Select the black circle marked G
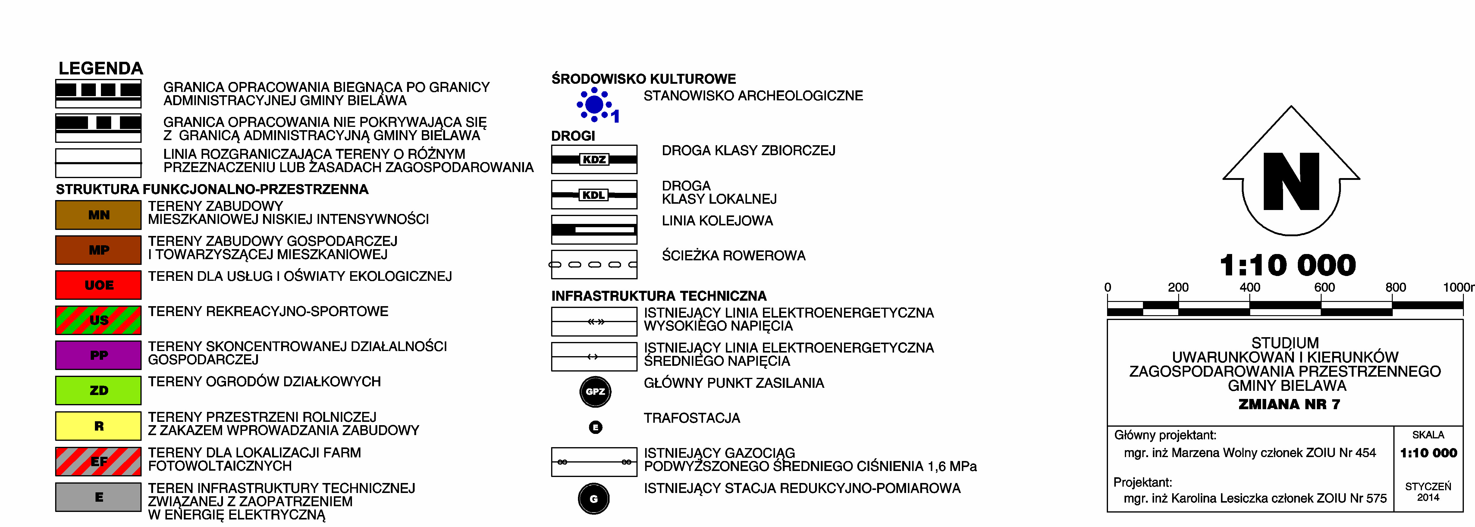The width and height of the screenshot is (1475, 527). point(594,498)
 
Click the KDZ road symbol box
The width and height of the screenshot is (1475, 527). point(594,159)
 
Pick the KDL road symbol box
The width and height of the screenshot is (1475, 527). point(594,195)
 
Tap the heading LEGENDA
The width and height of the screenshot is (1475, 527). point(101,68)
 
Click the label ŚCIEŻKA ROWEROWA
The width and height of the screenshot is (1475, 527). point(733,256)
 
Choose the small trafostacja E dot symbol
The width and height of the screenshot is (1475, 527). point(595,427)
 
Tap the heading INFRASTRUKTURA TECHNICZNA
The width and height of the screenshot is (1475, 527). point(658,296)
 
